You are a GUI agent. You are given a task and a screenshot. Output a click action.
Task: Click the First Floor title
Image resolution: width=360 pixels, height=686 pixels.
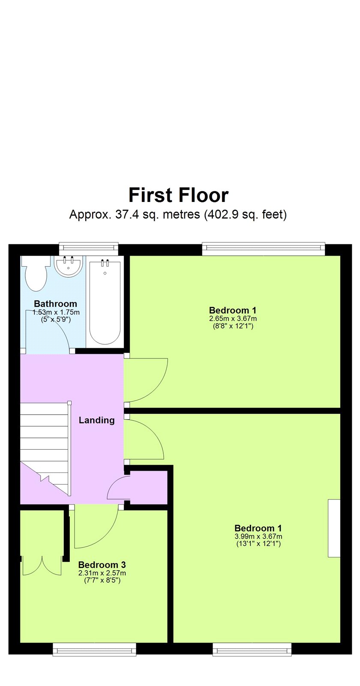pos(178,195)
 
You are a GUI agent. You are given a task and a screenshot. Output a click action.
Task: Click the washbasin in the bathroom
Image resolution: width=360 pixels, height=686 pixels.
pos(68,266)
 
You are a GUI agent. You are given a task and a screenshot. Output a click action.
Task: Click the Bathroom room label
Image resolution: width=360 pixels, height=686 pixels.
pos(55,304)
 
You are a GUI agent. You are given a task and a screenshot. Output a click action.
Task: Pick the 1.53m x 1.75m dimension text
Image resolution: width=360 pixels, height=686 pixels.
pos(56,313)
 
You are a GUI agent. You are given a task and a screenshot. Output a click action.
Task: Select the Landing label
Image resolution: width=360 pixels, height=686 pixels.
pos(97,420)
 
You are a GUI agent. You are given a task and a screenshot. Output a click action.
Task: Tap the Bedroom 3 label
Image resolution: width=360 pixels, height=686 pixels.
pos(102,565)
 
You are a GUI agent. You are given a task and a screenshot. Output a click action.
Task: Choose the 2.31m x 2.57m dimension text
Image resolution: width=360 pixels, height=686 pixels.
pos(102,573)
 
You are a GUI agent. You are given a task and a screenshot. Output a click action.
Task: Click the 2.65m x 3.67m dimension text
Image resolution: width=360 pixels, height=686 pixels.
pos(233,319)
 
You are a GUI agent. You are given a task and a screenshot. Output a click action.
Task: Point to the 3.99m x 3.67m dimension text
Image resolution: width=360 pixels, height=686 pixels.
pos(258,536)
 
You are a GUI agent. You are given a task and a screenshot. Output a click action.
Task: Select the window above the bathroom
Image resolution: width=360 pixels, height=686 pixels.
pos(88,249)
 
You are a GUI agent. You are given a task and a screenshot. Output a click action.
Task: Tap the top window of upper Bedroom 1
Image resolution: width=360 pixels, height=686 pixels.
pos(263,249)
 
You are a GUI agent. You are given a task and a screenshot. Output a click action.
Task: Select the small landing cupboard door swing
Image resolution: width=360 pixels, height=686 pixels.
pos(118,488)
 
